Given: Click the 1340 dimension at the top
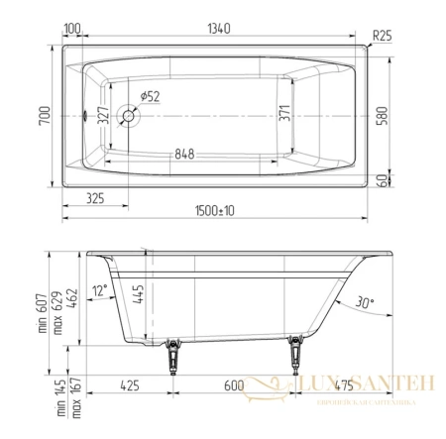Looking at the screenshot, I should click(x=218, y=29).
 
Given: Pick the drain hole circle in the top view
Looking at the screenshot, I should click(x=129, y=116).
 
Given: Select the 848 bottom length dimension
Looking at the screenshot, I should click(x=196, y=155).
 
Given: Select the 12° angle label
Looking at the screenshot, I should click(x=98, y=290).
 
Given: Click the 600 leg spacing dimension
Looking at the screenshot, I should click(x=232, y=384).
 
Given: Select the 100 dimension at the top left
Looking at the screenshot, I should click(x=71, y=29).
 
